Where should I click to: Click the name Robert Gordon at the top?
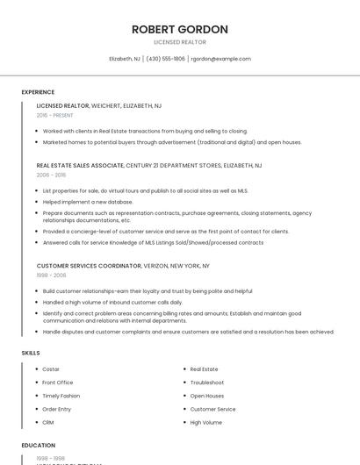pos(180,30)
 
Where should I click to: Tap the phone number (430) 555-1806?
pos(166,59)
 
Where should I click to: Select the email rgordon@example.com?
pos(221,59)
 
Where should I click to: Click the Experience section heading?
pos(38,92)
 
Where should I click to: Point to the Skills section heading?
pos(31,353)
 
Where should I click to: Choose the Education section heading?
pos(38,445)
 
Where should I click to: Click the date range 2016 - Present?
pos(55,115)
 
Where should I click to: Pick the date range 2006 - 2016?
pos(51,175)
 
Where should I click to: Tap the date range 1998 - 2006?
pos(51,275)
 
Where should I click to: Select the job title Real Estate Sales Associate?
pos(80,165)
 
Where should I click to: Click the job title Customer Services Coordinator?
pos(89,265)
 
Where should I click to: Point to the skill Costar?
pos(51,369)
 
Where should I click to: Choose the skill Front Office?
pos(58,383)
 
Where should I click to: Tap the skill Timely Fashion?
pos(61,396)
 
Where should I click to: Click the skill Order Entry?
pos(57,409)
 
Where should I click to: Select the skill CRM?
pos(48,422)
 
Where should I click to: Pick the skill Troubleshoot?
pos(207,383)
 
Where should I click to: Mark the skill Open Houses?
pos(208,396)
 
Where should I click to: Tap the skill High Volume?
pos(206,422)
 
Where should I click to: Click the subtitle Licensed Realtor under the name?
pos(180,42)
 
